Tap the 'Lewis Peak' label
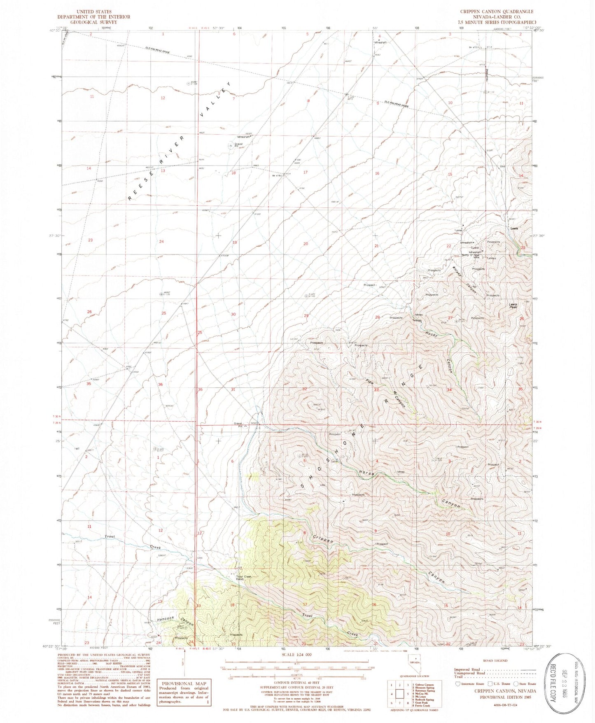click(x=513, y=306)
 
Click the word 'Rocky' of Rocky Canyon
click(x=431, y=334)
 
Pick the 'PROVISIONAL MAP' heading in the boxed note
click(x=184, y=683)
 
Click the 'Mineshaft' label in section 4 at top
click(x=380, y=42)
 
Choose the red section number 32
click(x=305, y=389)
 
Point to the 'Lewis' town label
click(x=513, y=229)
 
